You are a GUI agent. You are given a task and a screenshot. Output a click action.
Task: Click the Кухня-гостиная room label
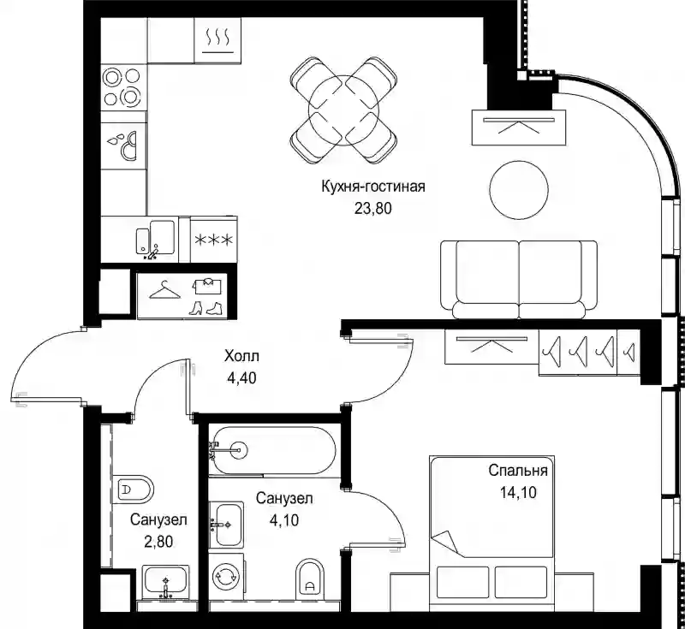(373, 187)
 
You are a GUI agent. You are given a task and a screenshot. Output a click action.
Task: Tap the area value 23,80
(372, 209)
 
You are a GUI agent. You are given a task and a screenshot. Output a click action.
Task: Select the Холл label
(241, 356)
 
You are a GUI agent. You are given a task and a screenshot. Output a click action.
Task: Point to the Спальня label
(518, 471)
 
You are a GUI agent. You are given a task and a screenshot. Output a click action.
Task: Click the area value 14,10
(518, 492)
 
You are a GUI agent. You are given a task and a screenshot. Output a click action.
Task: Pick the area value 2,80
(158, 541)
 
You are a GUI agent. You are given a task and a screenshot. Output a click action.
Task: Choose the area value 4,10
(284, 519)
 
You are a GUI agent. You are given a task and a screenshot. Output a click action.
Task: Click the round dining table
(343, 111)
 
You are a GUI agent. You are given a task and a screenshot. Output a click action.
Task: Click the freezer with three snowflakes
(213, 240)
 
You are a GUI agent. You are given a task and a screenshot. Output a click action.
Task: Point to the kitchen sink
(156, 240)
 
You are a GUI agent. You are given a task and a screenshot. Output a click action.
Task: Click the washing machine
(225, 577)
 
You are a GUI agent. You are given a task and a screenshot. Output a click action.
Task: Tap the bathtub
(272, 450)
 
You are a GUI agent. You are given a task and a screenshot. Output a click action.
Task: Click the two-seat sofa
(519, 279)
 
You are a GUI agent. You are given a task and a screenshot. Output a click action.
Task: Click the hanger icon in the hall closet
(164, 290)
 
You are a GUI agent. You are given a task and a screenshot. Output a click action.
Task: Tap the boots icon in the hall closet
(206, 308)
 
